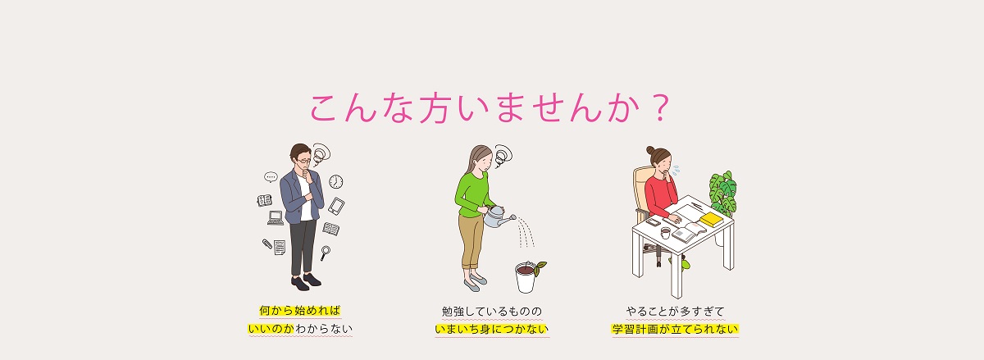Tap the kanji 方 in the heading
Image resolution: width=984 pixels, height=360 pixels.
[433, 108]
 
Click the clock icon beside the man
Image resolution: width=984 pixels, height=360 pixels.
[336, 181]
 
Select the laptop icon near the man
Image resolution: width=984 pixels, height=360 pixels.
[276, 218]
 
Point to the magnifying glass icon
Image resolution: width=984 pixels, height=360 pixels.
[325, 253]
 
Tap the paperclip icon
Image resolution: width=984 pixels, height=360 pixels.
[267, 244]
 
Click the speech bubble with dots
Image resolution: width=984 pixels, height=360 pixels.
[271, 177]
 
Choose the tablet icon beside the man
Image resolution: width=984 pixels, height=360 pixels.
[336, 206]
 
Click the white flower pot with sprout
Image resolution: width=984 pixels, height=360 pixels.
[526, 277]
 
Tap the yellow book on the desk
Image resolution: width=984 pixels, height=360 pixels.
[711, 219]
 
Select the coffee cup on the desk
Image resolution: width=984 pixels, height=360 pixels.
[666, 233]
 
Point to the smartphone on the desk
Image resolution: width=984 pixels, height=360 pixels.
[653, 221]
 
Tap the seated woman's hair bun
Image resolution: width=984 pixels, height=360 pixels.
[650, 150]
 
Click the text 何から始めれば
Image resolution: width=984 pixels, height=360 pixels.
[300, 311]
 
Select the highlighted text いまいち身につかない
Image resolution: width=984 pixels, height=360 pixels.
[491, 329]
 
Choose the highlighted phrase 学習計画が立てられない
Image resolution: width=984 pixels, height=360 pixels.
[675, 329]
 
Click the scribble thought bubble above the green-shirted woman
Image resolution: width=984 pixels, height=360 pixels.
[503, 156]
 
